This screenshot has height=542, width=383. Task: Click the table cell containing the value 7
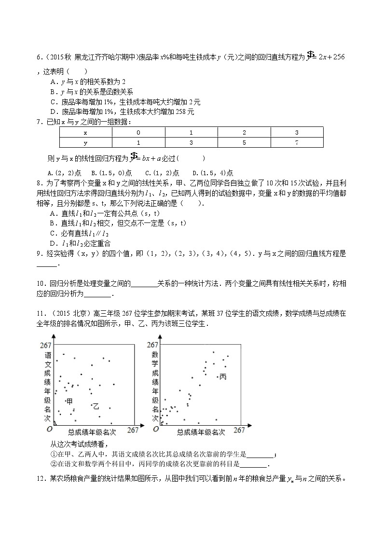tap(297, 142)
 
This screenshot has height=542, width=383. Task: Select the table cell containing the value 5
tap(244, 142)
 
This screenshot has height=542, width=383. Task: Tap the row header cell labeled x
tap(85, 132)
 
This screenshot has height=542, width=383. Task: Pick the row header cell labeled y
tap(85, 142)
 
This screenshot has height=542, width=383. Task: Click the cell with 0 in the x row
tap(138, 132)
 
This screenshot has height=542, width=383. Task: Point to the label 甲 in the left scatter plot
tap(69, 401)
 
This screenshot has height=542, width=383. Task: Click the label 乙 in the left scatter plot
tap(96, 406)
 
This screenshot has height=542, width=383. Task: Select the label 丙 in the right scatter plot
tap(222, 376)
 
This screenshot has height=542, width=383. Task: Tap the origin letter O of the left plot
tap(49, 429)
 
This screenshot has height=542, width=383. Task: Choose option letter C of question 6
tap(53, 102)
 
